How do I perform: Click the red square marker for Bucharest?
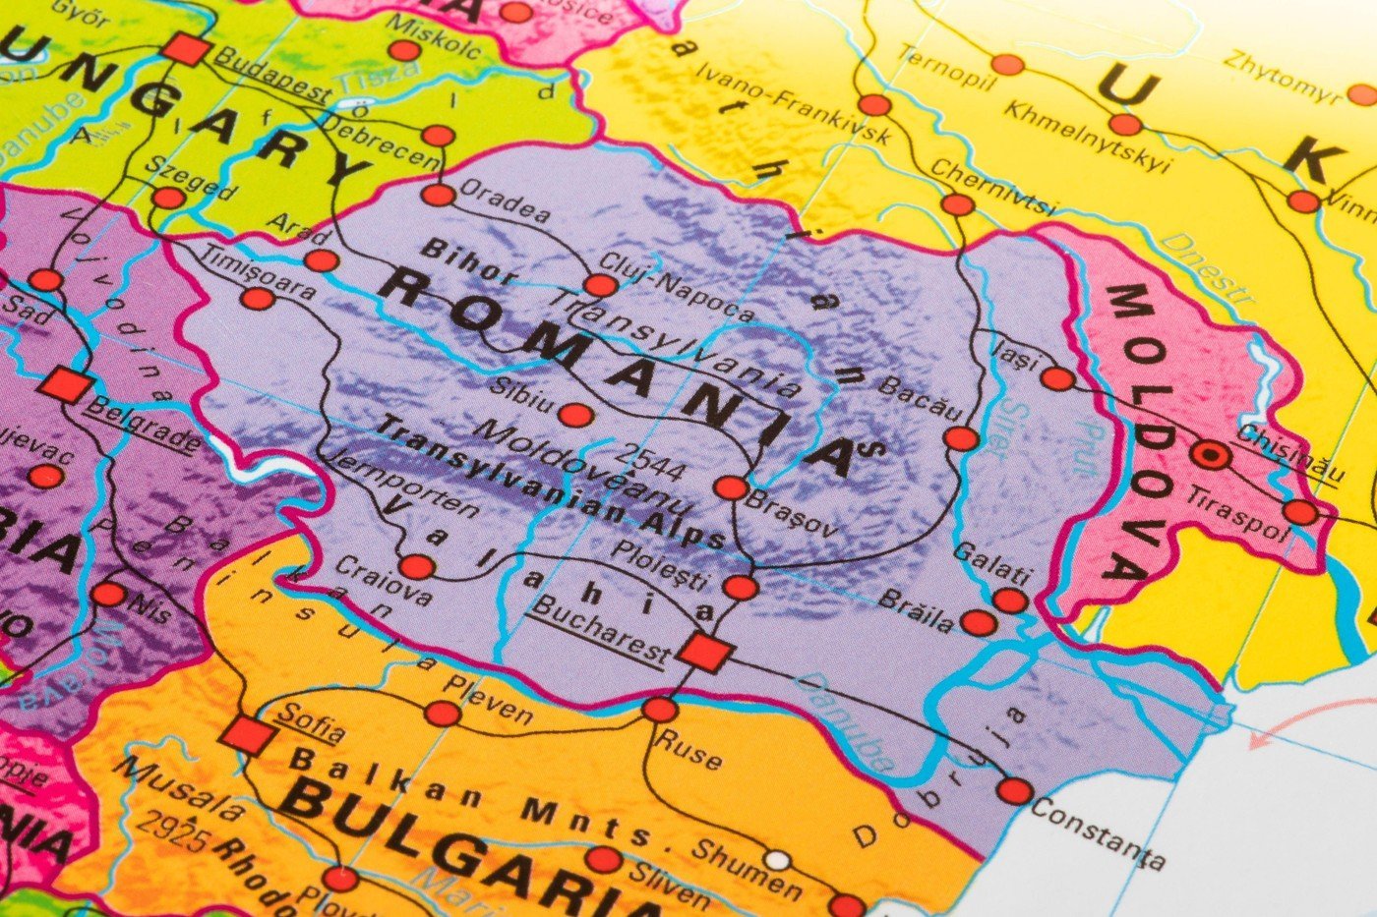point(703,652)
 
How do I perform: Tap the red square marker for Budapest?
point(187,49)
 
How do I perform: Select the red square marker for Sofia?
point(245,734)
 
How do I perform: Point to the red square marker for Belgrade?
point(65,384)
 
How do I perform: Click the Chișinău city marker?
point(1211,455)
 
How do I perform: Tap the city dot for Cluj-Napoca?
point(601,286)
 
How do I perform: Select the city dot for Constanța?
point(1014,790)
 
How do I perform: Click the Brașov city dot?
point(731,487)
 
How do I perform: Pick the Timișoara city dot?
point(257,299)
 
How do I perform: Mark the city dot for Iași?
point(1057,378)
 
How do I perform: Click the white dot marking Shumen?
point(778,861)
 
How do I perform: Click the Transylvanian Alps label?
point(551,482)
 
